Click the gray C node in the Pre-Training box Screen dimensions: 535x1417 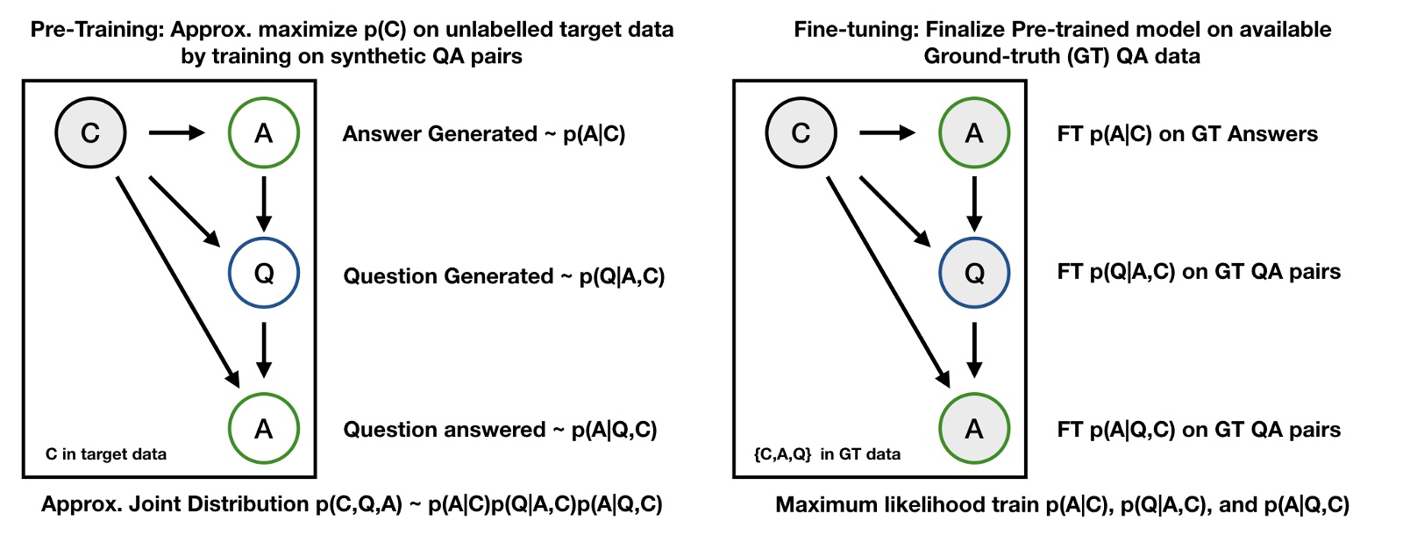coord(90,133)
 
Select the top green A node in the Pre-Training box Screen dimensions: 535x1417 coord(263,133)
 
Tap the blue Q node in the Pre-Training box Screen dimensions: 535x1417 coord(263,273)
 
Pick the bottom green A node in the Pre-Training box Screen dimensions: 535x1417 coord(263,429)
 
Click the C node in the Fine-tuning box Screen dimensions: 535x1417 coord(801,133)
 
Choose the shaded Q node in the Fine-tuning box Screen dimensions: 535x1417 coord(973,273)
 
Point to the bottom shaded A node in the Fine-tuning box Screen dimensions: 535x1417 coord(973,429)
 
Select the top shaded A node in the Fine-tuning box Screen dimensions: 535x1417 coord(973,133)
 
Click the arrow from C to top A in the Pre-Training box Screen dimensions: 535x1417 coord(176,133)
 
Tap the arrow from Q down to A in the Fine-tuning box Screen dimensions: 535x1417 coord(973,350)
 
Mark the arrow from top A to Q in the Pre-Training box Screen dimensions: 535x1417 coord(263,203)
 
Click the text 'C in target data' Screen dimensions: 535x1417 coord(106,454)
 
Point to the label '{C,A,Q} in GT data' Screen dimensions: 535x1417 coord(827,454)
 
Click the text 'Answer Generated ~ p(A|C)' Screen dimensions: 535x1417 coord(483,134)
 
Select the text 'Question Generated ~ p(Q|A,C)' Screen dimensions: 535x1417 coord(503,276)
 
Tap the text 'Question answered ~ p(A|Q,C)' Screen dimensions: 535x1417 coord(500,430)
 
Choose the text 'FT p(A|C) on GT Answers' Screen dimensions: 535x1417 coord(1187,134)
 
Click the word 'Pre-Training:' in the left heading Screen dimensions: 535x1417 coord(97,29)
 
